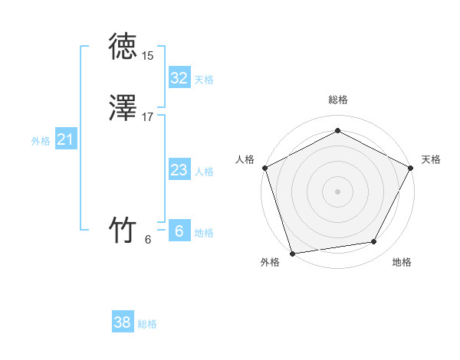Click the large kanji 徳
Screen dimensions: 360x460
tap(123, 46)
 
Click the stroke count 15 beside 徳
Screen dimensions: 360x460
tap(147, 55)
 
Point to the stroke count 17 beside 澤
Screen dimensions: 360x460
tap(147, 117)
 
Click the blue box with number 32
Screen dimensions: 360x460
tap(179, 78)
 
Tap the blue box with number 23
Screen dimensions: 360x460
tap(179, 170)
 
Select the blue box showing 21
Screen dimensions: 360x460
tap(65, 139)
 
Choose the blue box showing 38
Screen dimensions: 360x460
tap(123, 322)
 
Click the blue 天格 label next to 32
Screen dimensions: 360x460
tap(204, 80)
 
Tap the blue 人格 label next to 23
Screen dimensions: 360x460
tap(204, 172)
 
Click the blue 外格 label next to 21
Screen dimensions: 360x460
tap(41, 141)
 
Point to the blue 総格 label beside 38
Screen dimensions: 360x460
tap(147, 324)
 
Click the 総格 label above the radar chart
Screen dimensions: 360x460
tap(338, 100)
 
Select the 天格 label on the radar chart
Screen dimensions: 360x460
tap(431, 159)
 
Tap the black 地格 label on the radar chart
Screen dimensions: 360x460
tap(402, 263)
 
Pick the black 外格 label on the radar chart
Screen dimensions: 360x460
tap(270, 263)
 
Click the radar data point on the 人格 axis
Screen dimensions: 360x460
tap(264, 168)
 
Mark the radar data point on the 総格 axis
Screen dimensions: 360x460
tap(337, 131)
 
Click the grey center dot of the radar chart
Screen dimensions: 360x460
tap(337, 191)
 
